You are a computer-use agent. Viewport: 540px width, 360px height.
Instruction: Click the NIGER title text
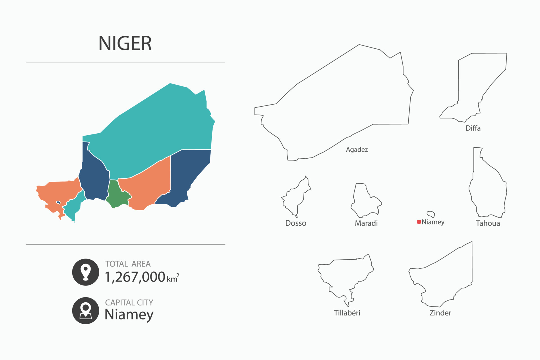(125, 44)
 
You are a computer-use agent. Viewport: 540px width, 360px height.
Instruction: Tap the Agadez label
(357, 150)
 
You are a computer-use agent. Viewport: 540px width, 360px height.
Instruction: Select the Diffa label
(473, 128)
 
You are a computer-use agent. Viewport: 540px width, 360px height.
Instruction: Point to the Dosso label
(296, 223)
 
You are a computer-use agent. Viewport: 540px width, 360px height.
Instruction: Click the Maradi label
(366, 223)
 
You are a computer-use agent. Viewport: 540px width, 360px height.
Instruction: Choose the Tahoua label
(488, 223)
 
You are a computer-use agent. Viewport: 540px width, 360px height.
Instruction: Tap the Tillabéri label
(347, 313)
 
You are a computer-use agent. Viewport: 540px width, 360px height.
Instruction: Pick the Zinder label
(440, 313)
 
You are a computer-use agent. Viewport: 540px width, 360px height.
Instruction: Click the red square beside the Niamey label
(419, 222)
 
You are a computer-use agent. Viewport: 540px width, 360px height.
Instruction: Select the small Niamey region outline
(431, 214)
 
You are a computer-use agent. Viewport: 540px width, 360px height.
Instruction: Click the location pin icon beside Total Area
(85, 272)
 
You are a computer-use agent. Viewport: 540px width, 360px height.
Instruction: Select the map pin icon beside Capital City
(85, 310)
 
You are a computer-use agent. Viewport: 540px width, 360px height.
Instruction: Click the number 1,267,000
(135, 277)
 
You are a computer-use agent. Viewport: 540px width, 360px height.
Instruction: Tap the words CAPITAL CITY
(129, 303)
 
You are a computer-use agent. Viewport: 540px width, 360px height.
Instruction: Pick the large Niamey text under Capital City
(129, 314)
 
